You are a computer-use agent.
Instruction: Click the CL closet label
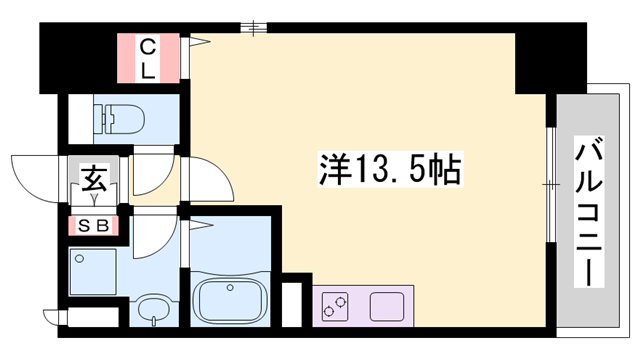coord(147,57)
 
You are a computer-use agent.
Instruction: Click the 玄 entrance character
coord(94,182)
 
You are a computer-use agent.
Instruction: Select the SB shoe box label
coord(95,226)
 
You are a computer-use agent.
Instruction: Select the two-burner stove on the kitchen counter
coord(337,306)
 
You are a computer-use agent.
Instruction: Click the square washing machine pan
coord(94,271)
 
